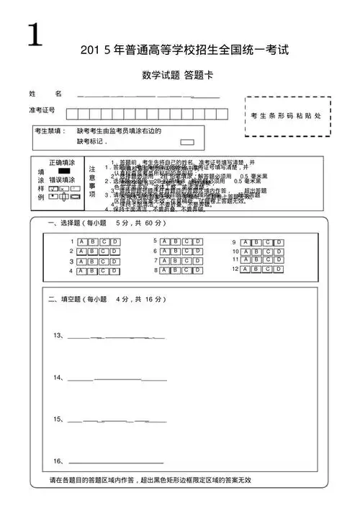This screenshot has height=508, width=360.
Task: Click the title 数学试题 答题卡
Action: pyautogui.click(x=178, y=76)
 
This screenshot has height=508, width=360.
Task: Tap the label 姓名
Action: pyautogui.click(x=45, y=94)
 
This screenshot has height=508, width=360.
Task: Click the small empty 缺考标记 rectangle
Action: pyautogui.click(x=187, y=142)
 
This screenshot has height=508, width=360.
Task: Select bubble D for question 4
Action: pyautogui.click(x=115, y=272)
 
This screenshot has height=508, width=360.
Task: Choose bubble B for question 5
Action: pyautogui.click(x=175, y=241)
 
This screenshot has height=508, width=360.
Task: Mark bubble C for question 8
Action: pyautogui.click(x=186, y=270)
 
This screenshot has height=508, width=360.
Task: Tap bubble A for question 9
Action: pyautogui.click(x=246, y=242)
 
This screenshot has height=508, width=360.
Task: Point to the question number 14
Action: pyautogui.click(x=58, y=378)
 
